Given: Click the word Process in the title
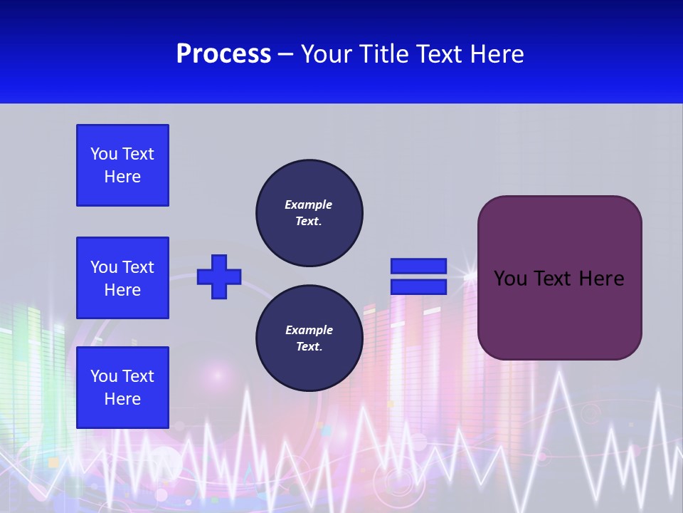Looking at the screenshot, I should point(223,54).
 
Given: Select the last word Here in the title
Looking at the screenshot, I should point(498,54).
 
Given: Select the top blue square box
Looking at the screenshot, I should point(122,165).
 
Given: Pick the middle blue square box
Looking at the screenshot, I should point(122,278).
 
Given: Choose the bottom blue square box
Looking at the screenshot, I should point(122,388).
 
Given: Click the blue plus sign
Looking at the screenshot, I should point(219,276).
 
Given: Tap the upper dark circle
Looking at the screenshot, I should point(309,213).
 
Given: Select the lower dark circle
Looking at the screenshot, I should point(309,338).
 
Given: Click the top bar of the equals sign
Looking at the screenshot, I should point(418,266).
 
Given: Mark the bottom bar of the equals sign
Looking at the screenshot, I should point(418,287).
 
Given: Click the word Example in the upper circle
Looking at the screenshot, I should point(309,204).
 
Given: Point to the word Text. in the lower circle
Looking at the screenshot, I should point(309,347).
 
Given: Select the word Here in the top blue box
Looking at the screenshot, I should point(122,177).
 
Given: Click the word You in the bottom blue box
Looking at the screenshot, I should point(103,376).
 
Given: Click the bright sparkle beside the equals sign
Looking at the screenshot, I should point(469,274).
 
